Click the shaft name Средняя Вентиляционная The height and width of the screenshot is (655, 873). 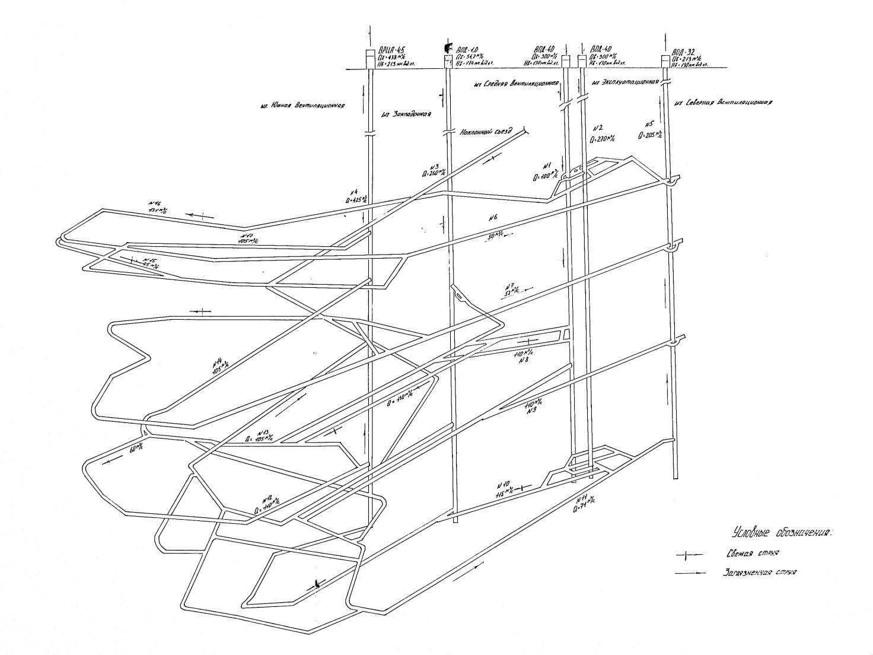(x=517, y=84)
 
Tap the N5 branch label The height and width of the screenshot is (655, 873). (x=649, y=125)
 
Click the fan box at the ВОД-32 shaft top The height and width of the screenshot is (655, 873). (x=666, y=61)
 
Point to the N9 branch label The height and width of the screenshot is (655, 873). (x=531, y=412)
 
